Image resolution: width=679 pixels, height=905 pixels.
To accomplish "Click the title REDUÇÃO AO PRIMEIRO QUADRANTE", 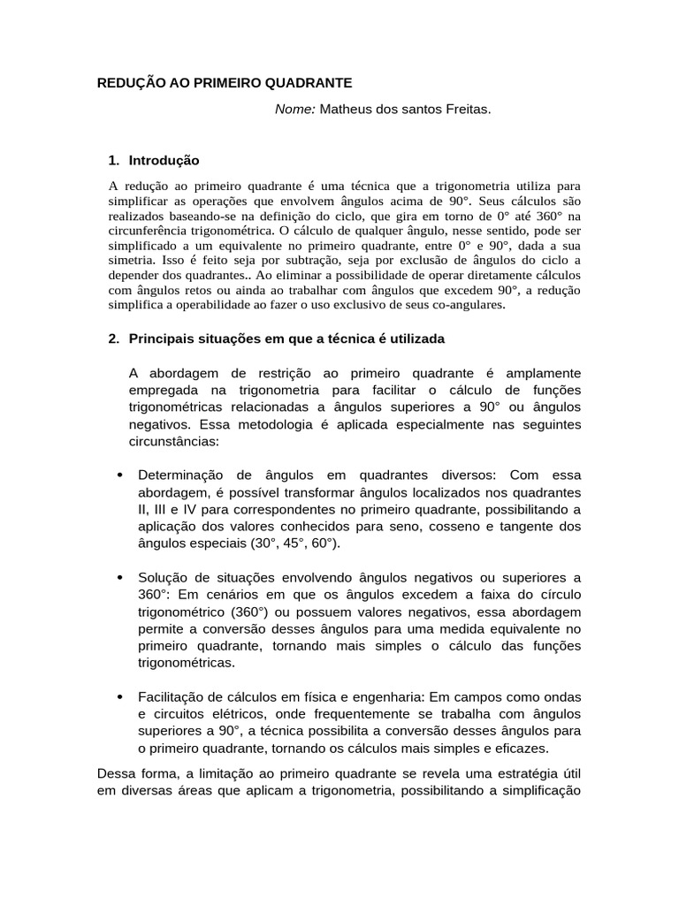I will tap(224, 82).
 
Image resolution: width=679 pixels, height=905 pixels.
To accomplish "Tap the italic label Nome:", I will tap(295, 109).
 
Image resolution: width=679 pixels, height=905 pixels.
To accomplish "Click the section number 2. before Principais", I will tap(113, 338).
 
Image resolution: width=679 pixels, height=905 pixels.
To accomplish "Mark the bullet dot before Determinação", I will tap(118, 475).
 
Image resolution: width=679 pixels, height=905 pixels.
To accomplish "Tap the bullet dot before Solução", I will tap(118, 577).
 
